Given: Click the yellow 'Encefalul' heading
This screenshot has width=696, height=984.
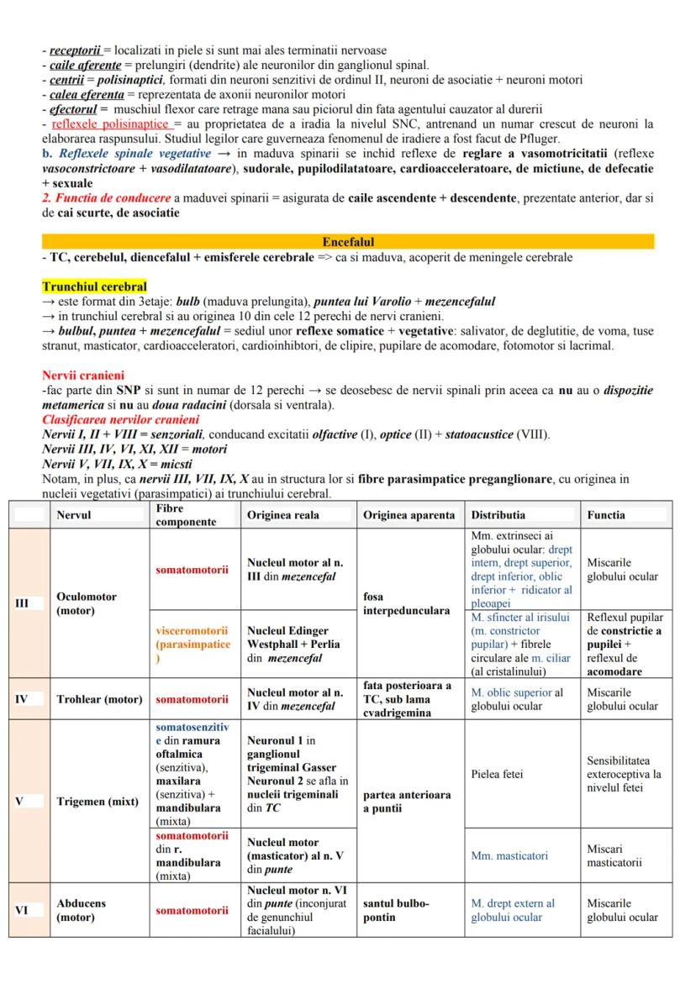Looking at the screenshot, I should [x=348, y=242].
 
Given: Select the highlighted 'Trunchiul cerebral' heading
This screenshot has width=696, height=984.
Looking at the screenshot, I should [x=94, y=287].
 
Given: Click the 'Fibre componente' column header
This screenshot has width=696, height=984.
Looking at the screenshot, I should [x=186, y=515].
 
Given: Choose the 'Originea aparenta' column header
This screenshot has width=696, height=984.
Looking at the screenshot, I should [x=409, y=515].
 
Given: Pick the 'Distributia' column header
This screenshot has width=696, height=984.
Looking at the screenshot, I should [x=498, y=515].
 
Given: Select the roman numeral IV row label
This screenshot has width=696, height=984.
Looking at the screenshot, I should [x=23, y=698].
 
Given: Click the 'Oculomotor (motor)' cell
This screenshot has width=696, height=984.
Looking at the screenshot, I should [x=87, y=603].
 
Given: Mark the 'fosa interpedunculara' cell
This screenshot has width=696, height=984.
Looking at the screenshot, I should [x=406, y=603].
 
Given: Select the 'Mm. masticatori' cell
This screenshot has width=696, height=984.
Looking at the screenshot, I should [x=509, y=855].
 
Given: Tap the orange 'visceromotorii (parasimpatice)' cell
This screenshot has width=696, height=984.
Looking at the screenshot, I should [x=192, y=645].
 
